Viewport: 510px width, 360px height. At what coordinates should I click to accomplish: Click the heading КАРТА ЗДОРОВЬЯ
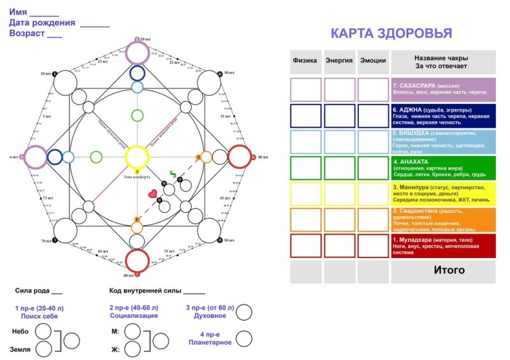click(x=391, y=34)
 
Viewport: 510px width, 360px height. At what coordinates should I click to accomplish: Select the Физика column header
click(x=305, y=61)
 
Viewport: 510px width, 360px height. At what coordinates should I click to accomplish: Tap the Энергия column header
click(x=339, y=61)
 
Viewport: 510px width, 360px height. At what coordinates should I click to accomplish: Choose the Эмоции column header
click(x=373, y=61)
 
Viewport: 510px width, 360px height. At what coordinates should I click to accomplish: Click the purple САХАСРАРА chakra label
click(x=443, y=89)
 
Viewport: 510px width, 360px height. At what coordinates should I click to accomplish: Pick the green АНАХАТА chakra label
click(x=443, y=168)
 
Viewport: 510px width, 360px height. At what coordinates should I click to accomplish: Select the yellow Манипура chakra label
click(x=443, y=194)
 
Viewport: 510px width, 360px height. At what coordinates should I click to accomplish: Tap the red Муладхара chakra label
click(x=443, y=246)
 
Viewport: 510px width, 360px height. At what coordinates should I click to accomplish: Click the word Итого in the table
click(x=449, y=270)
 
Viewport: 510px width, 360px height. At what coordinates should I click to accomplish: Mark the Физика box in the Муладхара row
click(x=305, y=246)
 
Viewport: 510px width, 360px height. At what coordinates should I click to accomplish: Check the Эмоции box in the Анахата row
click(x=373, y=168)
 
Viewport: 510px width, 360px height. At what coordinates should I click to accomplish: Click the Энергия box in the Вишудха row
click(x=339, y=141)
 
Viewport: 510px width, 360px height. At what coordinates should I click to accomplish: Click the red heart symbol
click(x=152, y=193)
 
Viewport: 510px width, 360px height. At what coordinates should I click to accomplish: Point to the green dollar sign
click(x=173, y=174)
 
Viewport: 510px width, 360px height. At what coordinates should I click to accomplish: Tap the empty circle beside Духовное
click(x=244, y=312)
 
